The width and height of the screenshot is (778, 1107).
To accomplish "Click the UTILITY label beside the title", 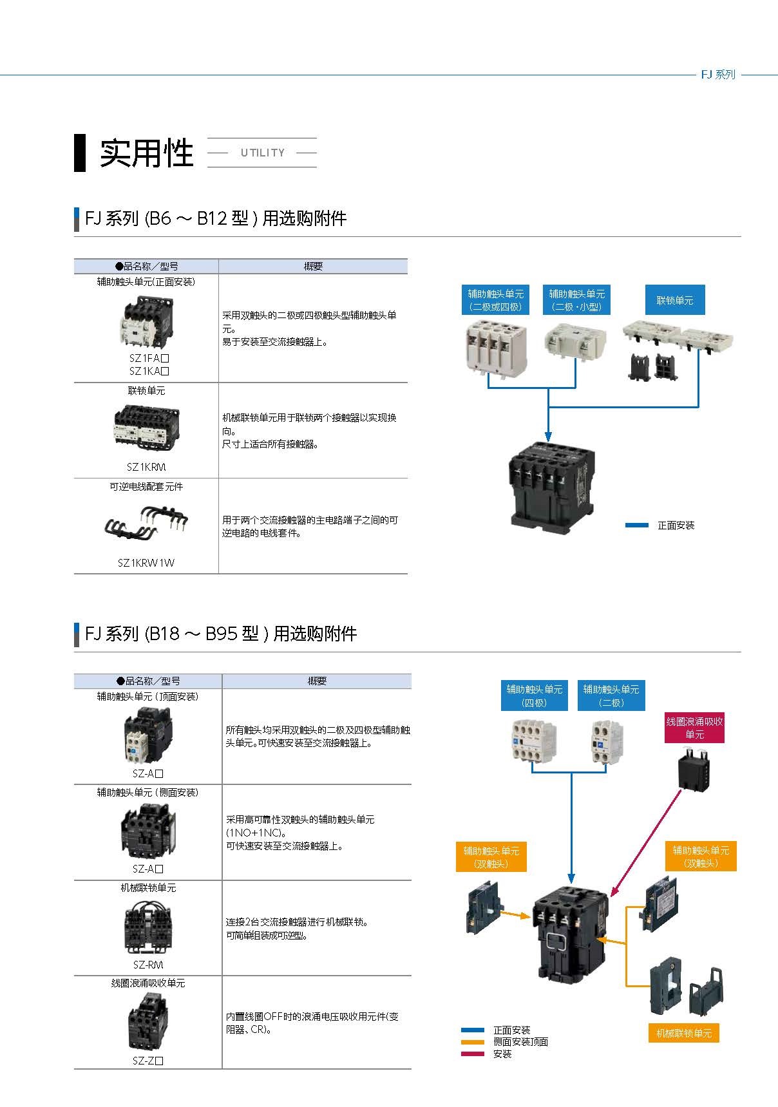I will pyautogui.click(x=262, y=153).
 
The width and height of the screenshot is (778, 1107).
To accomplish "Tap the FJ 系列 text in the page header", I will pyautogui.click(x=717, y=75).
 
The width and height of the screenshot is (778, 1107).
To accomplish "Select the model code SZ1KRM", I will pyautogui.click(x=146, y=467).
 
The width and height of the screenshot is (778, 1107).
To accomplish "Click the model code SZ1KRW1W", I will pyautogui.click(x=146, y=563).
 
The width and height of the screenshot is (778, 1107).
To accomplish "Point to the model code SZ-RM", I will pyautogui.click(x=148, y=965).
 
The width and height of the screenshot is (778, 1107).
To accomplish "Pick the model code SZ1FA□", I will pyautogui.click(x=149, y=358).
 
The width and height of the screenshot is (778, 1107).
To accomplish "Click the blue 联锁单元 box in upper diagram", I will pyautogui.click(x=675, y=300).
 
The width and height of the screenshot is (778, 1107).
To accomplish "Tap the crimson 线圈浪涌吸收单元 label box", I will pyautogui.click(x=694, y=728).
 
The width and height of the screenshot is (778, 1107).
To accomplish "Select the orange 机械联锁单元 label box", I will pyautogui.click(x=684, y=1034).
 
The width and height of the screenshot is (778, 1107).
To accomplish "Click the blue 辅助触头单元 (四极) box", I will pyautogui.click(x=535, y=695).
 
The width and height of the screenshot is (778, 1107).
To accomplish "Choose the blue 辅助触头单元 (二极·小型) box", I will pyautogui.click(x=576, y=300).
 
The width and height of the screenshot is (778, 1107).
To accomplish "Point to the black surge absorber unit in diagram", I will pyautogui.click(x=694, y=771).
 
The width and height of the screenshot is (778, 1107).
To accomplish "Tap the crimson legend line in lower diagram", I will pyautogui.click(x=473, y=1054).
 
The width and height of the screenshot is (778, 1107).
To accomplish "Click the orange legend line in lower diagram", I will pyautogui.click(x=473, y=1042).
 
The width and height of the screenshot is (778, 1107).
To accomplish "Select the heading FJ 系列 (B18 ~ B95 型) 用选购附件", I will pyautogui.click(x=220, y=634).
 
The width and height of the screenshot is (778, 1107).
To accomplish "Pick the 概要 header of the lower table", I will pyautogui.click(x=317, y=681).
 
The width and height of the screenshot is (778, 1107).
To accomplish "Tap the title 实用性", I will pyautogui.click(x=146, y=153).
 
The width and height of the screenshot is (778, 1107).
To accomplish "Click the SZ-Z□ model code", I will pyautogui.click(x=148, y=1061).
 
